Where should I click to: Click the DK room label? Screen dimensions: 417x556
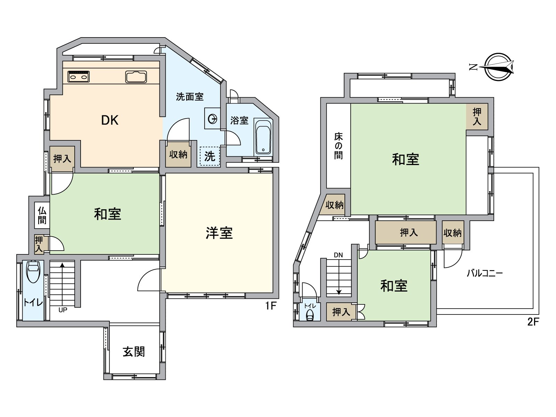click(109, 120)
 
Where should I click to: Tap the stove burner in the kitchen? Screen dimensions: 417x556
click(79, 76)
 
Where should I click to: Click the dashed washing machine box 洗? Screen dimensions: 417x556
click(210, 156)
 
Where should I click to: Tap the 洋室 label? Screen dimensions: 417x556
click(219, 233)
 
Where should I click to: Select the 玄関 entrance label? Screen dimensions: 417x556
click(134, 352)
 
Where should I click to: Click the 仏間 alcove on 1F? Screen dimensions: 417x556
click(42, 215)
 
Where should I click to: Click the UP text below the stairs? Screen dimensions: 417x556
click(63, 310)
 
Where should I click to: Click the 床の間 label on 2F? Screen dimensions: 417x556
click(338, 146)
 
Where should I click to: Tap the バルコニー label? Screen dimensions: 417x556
click(484, 273)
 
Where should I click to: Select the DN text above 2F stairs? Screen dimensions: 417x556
click(338, 255)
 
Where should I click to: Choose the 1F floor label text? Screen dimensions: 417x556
click(271, 306)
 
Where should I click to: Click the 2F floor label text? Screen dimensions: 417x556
click(533, 322)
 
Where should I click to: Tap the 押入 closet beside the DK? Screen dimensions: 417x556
click(62, 159)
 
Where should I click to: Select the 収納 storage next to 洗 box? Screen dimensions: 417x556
click(178, 154)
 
